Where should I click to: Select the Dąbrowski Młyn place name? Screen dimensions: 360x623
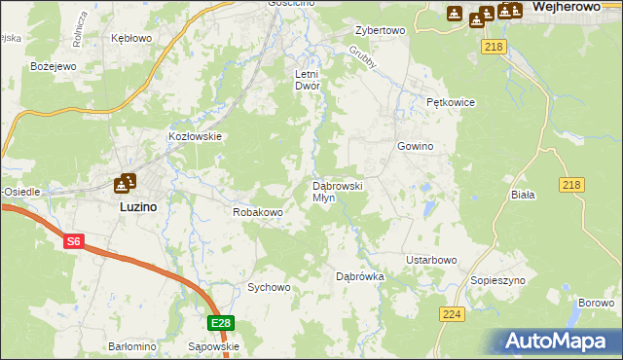337,191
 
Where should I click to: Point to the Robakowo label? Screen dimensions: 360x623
257,211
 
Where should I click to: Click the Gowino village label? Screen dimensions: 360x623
415,146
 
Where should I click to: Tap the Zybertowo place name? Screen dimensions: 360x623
380,30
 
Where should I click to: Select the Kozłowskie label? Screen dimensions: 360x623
197,137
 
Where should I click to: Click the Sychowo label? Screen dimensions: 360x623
269,287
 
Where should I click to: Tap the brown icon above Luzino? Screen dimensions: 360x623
126,182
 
